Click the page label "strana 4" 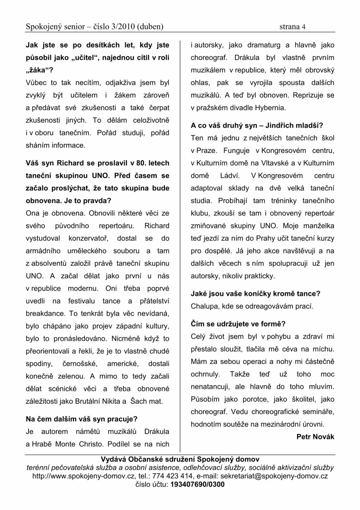pos(292,27)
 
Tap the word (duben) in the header pos(150,27)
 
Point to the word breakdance pos(45,313)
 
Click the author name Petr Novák pos(315,437)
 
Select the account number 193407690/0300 pos(197,484)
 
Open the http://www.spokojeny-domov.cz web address pos(83,476)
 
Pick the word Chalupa pos(205,306)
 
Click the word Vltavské pos(275,163)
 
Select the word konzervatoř pos(88,238)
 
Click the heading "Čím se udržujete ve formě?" pos(238,324)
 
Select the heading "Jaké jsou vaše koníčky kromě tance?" pos(256,294)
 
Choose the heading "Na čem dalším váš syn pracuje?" pos(82,419)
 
